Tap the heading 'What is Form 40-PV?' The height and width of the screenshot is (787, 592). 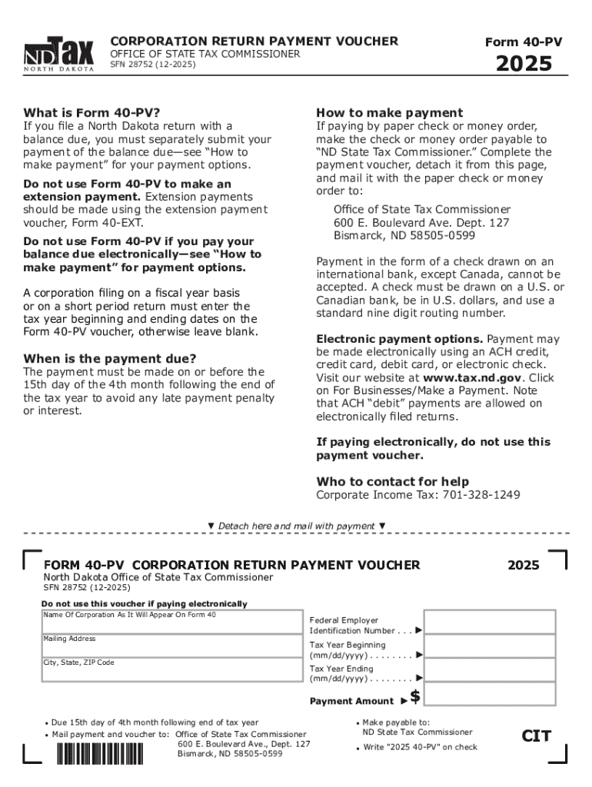pos(91,112)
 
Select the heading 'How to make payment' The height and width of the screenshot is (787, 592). pos(390,112)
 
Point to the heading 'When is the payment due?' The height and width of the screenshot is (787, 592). pos(110,358)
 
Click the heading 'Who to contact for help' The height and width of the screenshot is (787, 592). pos(393,481)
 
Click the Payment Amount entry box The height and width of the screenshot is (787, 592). pos(489,696)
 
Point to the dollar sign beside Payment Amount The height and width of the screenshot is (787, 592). pos(415,697)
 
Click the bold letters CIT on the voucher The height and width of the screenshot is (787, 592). pos(536,736)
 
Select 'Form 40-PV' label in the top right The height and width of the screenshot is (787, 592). pos(523,42)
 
